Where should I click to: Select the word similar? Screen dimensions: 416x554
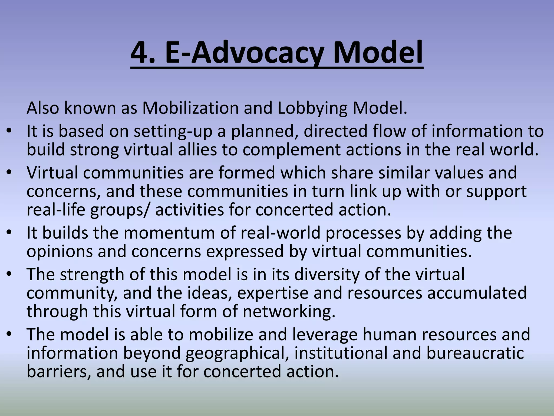click(404, 173)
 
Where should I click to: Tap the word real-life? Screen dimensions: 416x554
click(56, 210)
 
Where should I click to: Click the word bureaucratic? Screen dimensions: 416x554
click(475, 353)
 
